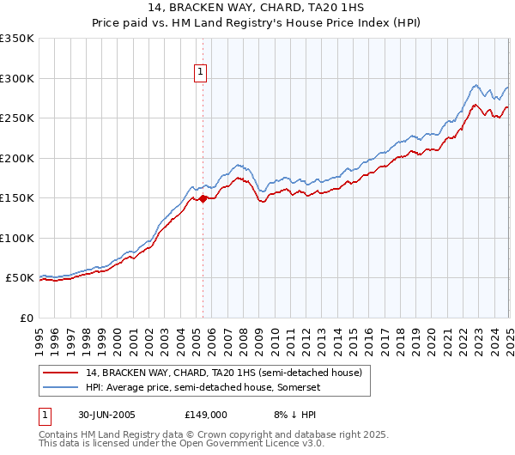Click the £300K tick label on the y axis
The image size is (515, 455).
click(x=17, y=78)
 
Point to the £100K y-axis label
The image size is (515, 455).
click(x=17, y=238)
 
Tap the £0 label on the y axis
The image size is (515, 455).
click(x=27, y=318)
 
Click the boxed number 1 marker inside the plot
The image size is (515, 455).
click(x=200, y=73)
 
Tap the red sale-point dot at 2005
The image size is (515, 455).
click(x=203, y=199)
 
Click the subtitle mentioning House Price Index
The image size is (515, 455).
click(x=257, y=23)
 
